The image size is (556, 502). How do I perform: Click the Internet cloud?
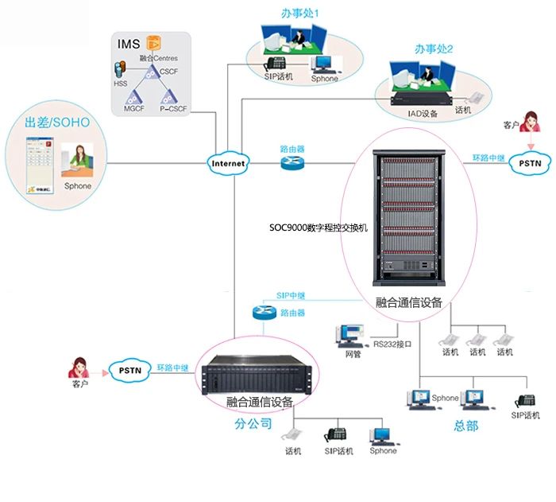coord(228,163)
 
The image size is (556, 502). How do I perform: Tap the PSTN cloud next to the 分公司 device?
coord(129,369)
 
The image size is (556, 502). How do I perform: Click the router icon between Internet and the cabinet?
coord(292,163)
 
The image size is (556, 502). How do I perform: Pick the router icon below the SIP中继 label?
coord(264,312)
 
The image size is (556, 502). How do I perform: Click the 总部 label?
coord(466,426)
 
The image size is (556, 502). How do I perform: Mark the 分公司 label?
coord(253,423)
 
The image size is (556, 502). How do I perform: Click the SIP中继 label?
coord(292,295)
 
